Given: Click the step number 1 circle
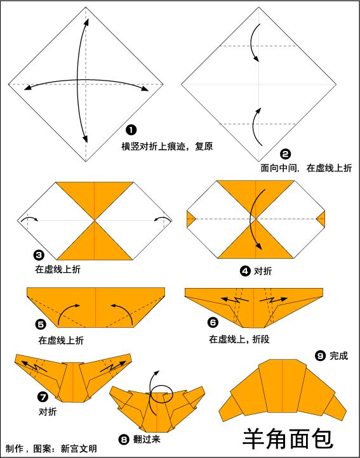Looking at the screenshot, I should point(131,130).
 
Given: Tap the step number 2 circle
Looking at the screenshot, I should point(285,154).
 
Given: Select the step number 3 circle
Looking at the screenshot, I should point(39,255).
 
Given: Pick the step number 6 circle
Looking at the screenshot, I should point(213,322).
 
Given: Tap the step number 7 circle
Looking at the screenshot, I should point(43,398).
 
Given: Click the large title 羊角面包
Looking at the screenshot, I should point(288,437).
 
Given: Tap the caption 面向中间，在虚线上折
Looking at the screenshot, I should point(306,169).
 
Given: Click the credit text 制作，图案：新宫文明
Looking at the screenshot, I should point(51,448).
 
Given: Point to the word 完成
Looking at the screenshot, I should point(338,356).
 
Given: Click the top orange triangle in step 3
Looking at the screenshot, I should point(95,197).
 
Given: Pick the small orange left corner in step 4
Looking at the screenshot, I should point(189,219).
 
